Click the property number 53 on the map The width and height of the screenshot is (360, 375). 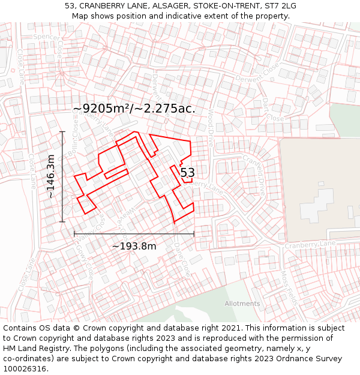pyautogui.click(x=187, y=173)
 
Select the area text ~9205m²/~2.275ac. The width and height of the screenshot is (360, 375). pyautogui.click(x=134, y=109)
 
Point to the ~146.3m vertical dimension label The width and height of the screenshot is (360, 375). pyautogui.click(x=51, y=176)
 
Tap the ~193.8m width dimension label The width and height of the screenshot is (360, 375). pyautogui.click(x=134, y=246)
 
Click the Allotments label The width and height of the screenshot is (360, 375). pyautogui.click(x=242, y=304)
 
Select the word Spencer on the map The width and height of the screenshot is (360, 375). pyautogui.click(x=47, y=37)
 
